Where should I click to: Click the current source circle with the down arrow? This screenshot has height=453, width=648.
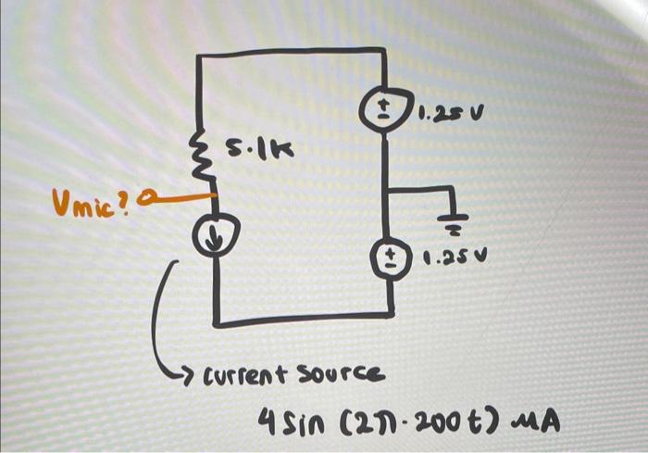click(214, 237)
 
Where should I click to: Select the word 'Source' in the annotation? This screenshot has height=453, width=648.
click(342, 372)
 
